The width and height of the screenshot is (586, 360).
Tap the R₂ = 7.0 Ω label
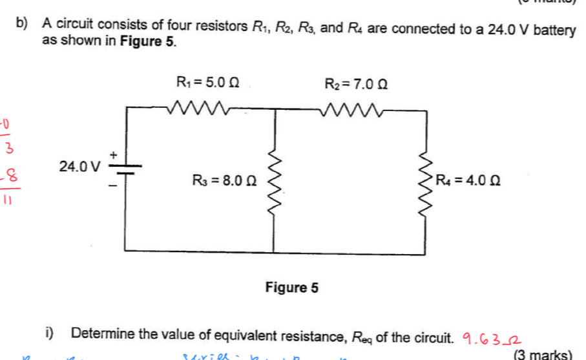point(357,83)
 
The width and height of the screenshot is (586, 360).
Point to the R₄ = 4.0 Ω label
point(468,180)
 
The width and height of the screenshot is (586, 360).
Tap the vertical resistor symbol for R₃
point(276,180)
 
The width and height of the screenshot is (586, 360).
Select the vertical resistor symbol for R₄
point(427,181)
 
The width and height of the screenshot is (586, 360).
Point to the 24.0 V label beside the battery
point(79,167)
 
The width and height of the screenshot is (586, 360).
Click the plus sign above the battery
point(114,154)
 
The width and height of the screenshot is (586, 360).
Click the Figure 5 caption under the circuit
point(292,288)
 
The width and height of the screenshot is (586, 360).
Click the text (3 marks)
point(543,355)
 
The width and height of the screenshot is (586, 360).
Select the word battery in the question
point(555,28)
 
